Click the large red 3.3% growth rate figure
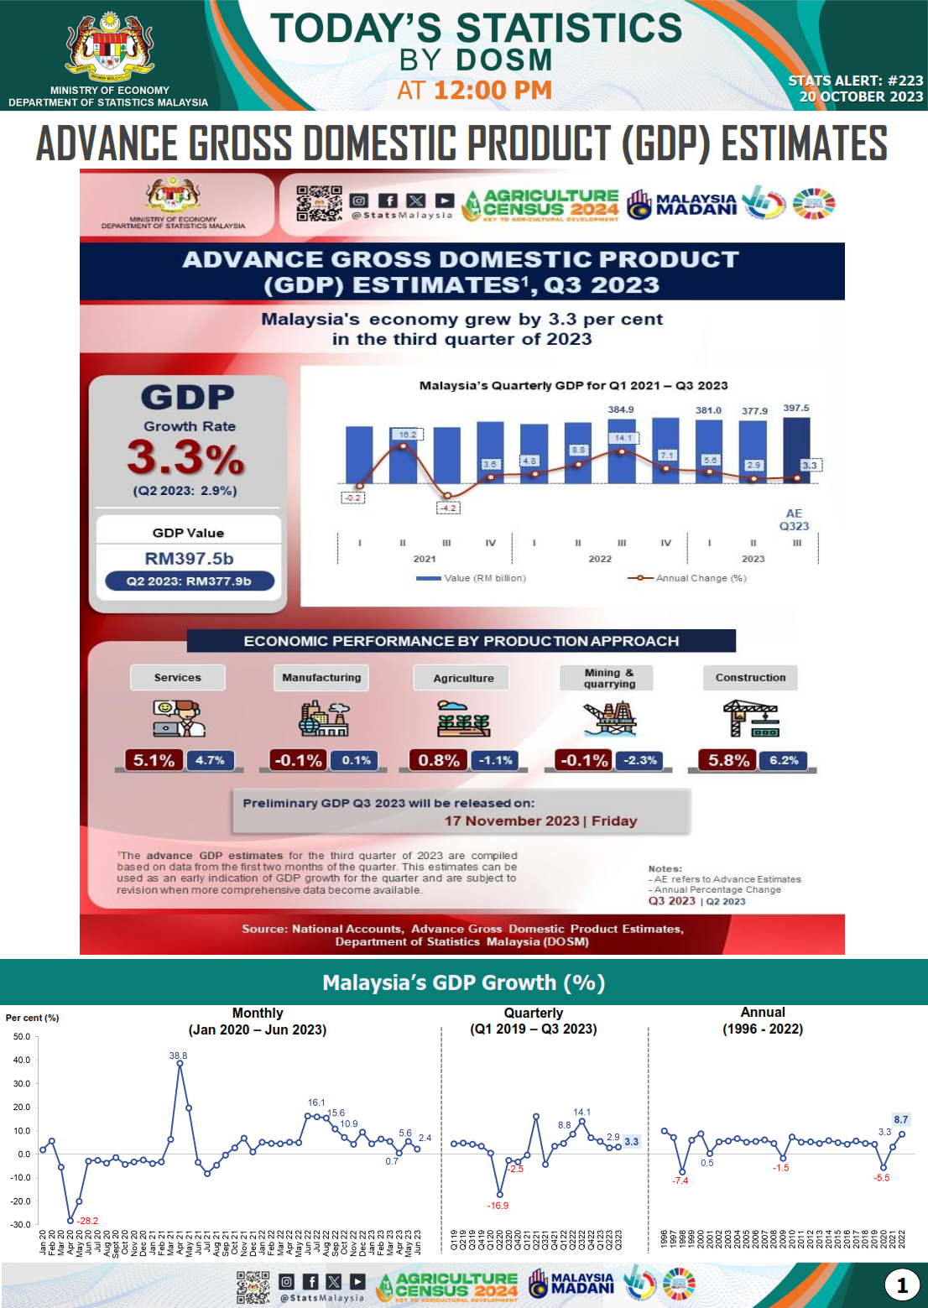[185, 458]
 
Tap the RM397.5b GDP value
[189, 559]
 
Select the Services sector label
[178, 678]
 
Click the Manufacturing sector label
[321, 678]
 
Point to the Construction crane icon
[751, 719]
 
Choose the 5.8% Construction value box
[728, 760]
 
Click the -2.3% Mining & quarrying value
[640, 760]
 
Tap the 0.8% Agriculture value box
[439, 760]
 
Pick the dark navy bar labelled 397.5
[796, 451]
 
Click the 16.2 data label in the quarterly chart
[408, 435]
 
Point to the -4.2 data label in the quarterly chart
[448, 508]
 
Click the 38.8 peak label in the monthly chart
[178, 1055]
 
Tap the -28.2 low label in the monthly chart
[87, 1221]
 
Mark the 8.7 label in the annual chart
[900, 1119]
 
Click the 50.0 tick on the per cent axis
[22, 1037]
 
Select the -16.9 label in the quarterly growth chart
[498, 1206]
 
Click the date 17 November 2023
[512, 821]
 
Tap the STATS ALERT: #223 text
[855, 81]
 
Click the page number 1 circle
[902, 1285]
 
